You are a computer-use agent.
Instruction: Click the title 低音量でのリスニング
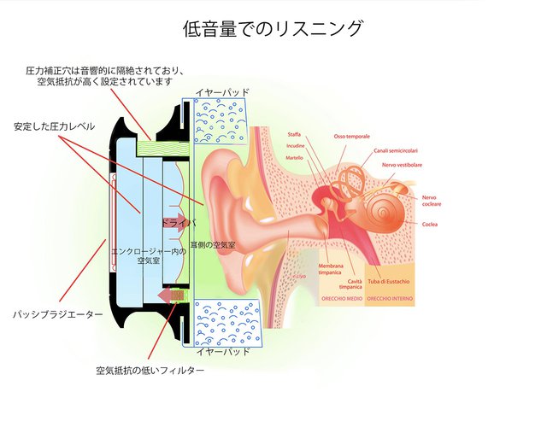click(273, 28)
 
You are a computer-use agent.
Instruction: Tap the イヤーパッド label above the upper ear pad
click(223, 91)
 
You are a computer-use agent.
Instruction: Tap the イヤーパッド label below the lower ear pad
click(223, 351)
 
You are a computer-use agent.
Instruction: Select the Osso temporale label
click(351, 137)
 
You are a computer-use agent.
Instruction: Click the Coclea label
click(430, 224)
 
